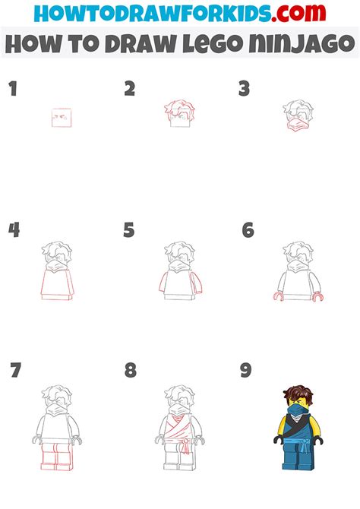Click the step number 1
pyautogui.click(x=12, y=90)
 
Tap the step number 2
pyautogui.click(x=130, y=90)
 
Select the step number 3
pyautogui.click(x=244, y=90)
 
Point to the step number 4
pyautogui.click(x=13, y=230)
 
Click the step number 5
pyautogui.click(x=130, y=230)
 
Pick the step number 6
pyautogui.click(x=247, y=230)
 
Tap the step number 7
pyautogui.click(x=16, y=371)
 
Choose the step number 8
pyautogui.click(x=131, y=371)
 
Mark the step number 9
pyautogui.click(x=246, y=371)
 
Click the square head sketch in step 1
pyautogui.click(x=62, y=118)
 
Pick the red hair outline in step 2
pyautogui.click(x=180, y=108)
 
